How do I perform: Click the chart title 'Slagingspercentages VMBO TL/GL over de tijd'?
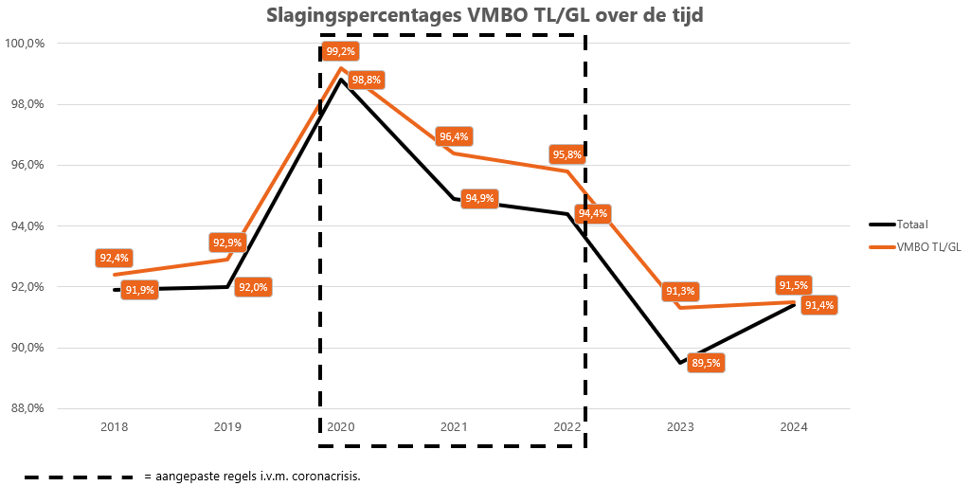[x=484, y=16]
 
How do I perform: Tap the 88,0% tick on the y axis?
[x=27, y=408]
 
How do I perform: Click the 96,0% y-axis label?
[x=27, y=165]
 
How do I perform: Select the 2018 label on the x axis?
[x=114, y=427]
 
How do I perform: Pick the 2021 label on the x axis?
[x=454, y=427]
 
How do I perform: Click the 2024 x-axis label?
[x=794, y=427]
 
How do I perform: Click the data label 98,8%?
[x=367, y=81]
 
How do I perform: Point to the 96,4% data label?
[x=454, y=137]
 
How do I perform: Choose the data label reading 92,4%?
[x=114, y=258]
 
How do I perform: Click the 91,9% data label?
[x=140, y=291]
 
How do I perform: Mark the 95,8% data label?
[x=566, y=154]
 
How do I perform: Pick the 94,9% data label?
[x=479, y=199]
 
